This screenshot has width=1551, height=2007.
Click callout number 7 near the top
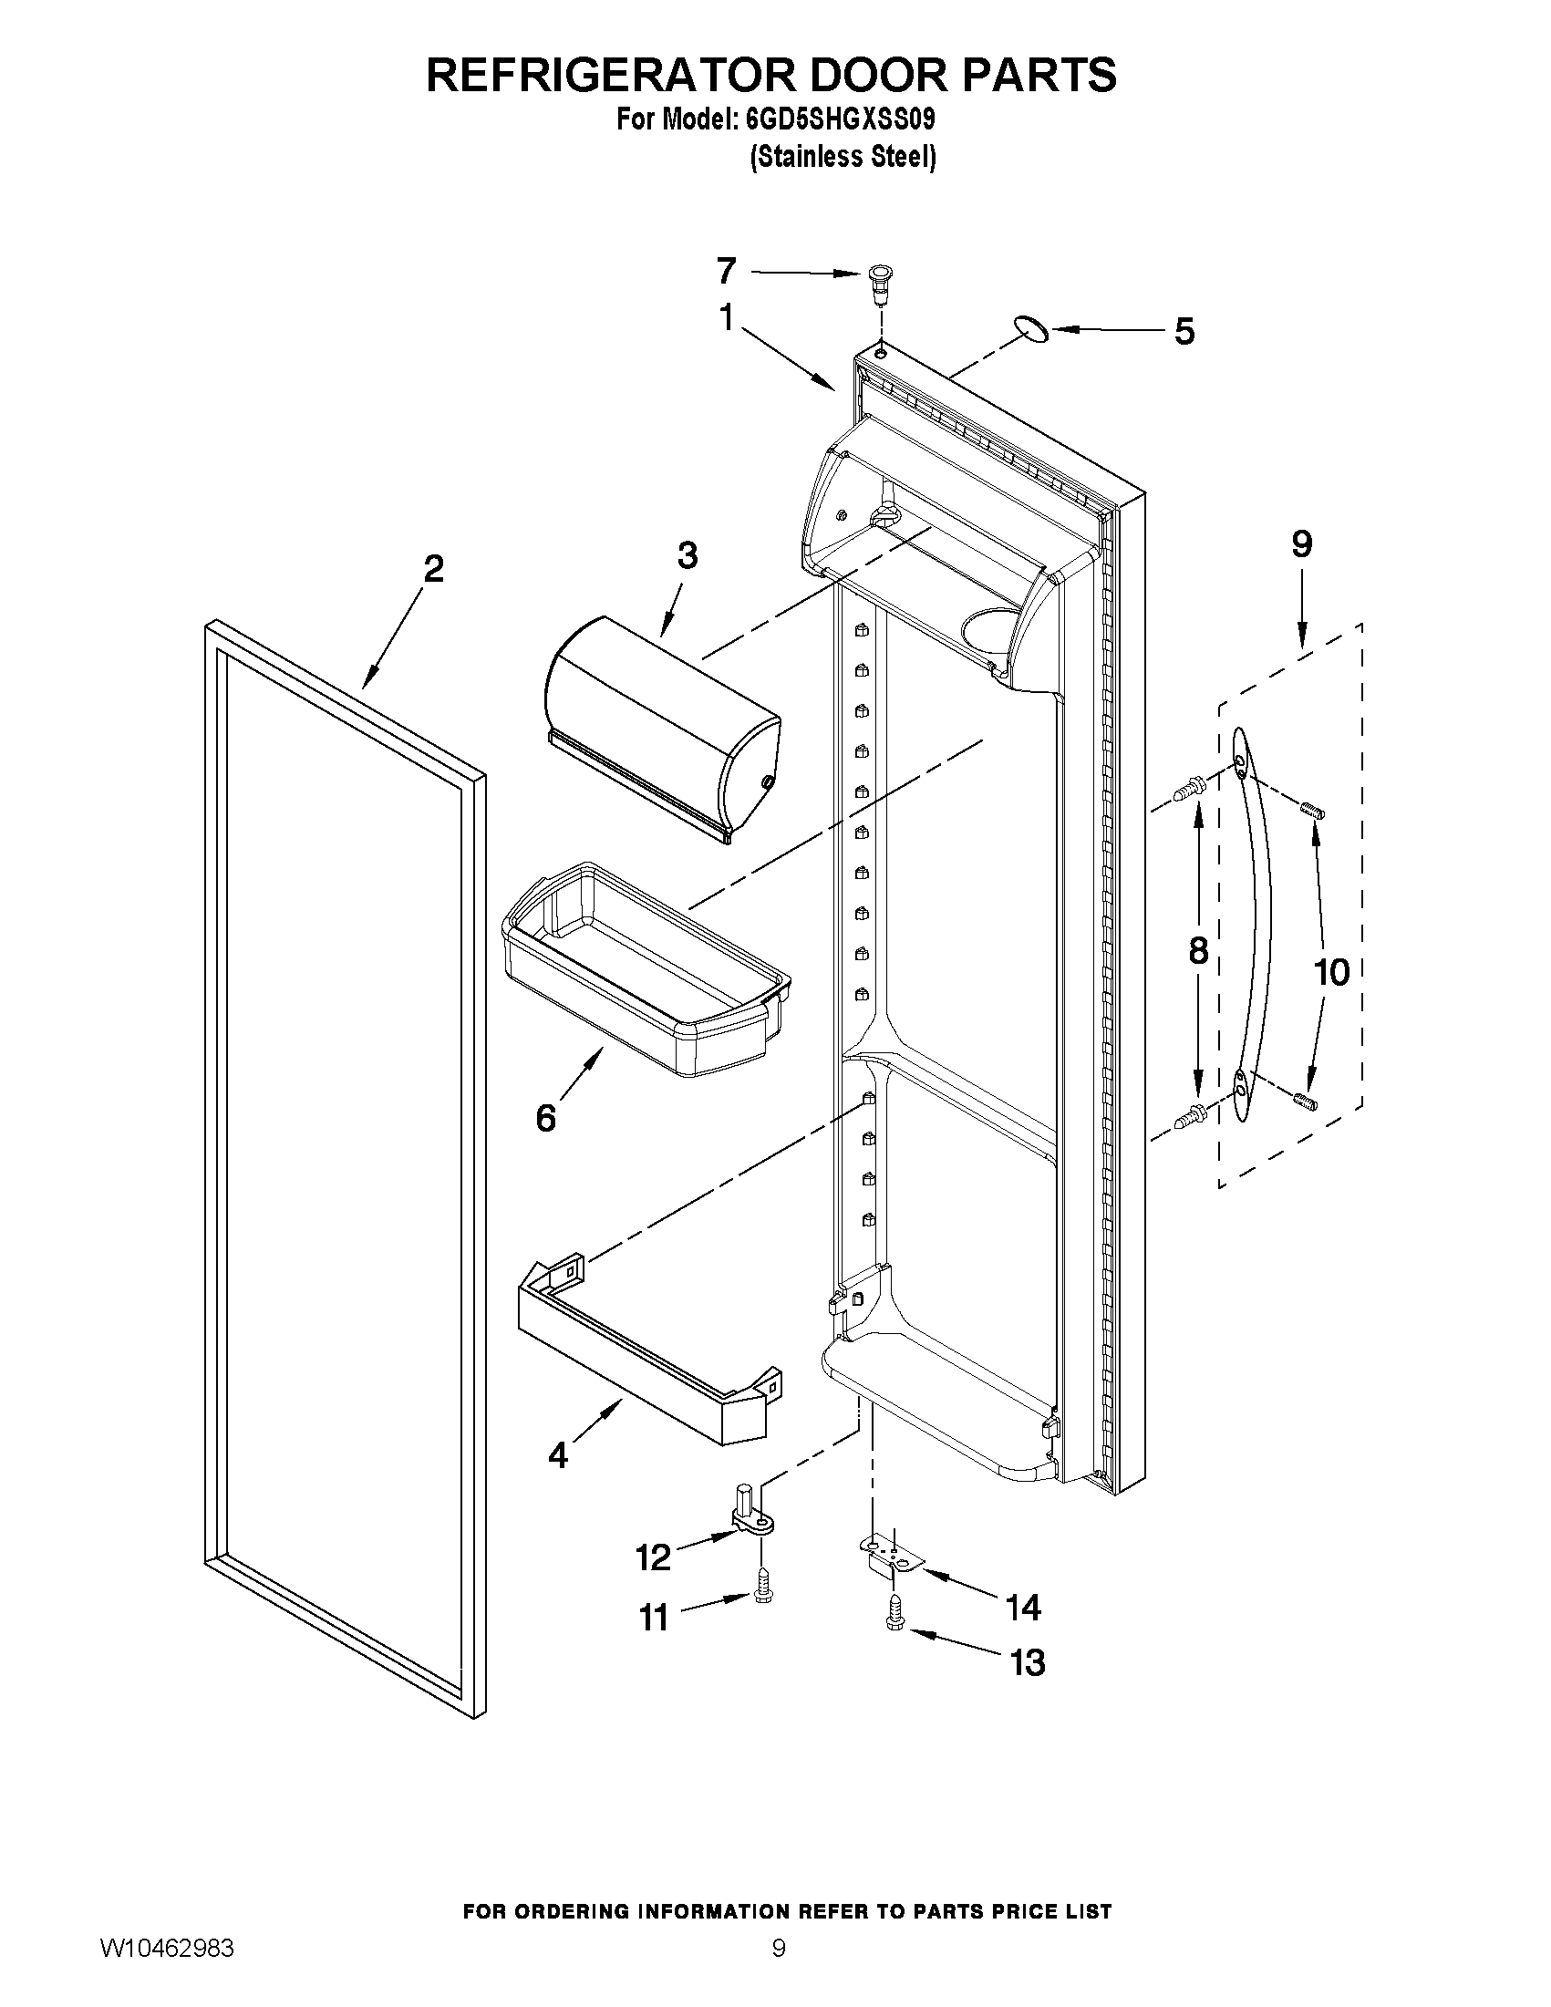[x=726, y=271]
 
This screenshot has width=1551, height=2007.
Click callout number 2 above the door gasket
[x=433, y=569]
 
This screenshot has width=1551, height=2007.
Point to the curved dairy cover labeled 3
[x=662, y=726]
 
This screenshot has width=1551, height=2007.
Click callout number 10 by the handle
[x=1332, y=971]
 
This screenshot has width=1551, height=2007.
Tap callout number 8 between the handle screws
[x=1197, y=950]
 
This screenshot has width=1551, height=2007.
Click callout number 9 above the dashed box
[x=1302, y=544]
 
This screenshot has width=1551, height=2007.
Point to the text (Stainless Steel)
[x=843, y=158]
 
